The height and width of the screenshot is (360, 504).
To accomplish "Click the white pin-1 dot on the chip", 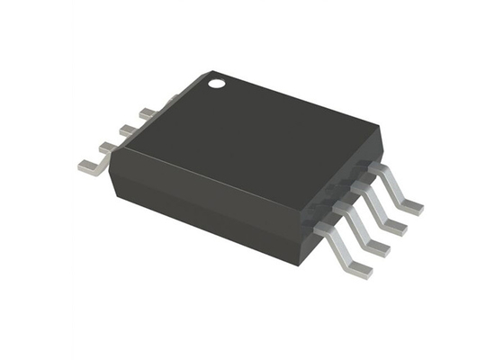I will pyautogui.click(x=216, y=85).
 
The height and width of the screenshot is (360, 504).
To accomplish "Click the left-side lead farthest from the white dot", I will pyautogui.click(x=90, y=166).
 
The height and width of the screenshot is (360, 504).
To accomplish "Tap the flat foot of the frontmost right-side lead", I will pyautogui.click(x=357, y=269).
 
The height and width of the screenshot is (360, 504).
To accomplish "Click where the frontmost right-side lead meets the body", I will pyautogui.click(x=321, y=229).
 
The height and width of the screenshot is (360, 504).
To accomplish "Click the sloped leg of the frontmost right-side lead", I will pyautogui.click(x=340, y=249).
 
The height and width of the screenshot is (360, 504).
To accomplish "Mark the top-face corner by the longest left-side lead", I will pyautogui.click(x=112, y=162).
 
